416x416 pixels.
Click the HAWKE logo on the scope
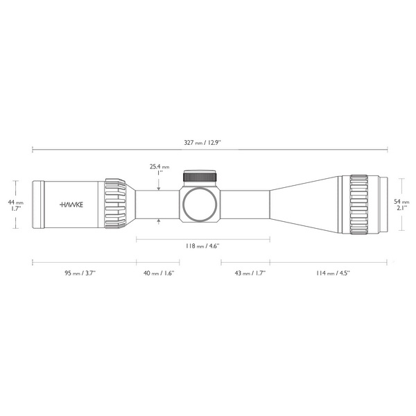(71, 205)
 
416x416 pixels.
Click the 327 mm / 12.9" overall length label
(202, 143)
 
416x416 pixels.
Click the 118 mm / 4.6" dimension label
(202, 246)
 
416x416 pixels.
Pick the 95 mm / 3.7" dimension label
(80, 272)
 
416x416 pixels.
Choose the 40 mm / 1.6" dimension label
(159, 272)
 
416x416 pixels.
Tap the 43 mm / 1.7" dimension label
(250, 272)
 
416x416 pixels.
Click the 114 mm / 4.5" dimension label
(333, 272)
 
